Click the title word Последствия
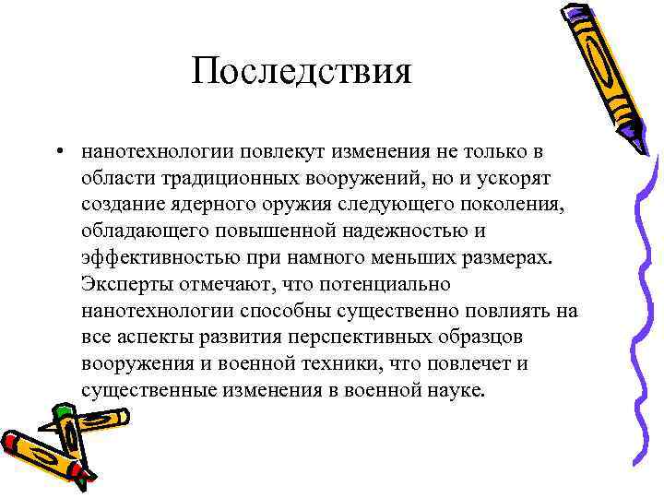[302, 71]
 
